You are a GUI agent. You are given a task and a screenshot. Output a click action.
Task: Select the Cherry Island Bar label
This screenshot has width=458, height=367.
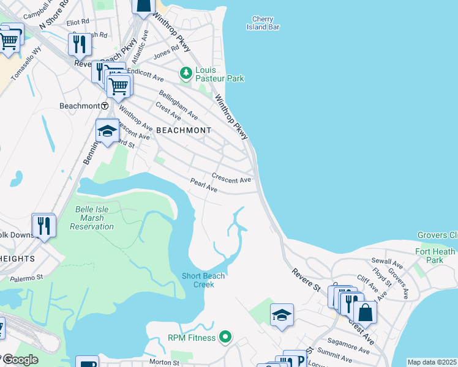point(263,23)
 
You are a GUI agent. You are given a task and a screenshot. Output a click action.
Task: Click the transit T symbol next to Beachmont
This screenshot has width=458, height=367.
point(105,106)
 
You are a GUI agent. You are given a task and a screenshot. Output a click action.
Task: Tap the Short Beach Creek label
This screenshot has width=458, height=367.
point(203,280)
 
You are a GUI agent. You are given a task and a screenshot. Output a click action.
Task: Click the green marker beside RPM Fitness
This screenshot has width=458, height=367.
point(225,338)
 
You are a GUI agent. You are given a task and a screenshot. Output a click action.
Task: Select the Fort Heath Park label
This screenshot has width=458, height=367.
point(435,256)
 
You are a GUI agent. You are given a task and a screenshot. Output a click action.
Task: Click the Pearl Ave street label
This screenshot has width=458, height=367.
point(204,186)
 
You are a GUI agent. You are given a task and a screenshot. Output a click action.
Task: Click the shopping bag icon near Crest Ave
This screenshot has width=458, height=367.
point(365,312)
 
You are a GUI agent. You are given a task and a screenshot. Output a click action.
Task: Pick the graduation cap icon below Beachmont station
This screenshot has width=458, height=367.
point(107,131)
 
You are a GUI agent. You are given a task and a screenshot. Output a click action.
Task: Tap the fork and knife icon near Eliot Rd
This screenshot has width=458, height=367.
point(79,43)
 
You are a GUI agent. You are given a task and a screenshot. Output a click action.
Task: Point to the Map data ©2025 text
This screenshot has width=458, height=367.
point(432,362)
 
